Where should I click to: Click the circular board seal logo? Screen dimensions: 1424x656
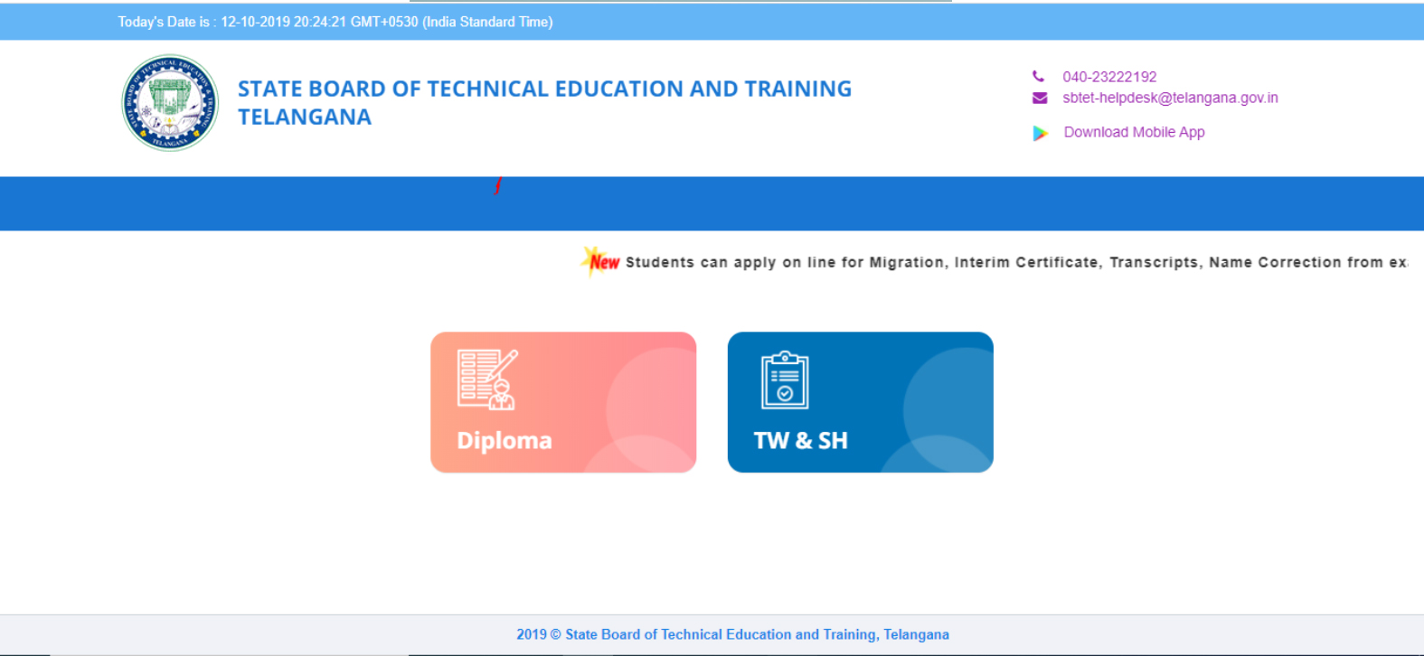pos(170,103)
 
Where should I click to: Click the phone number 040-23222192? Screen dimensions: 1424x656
pos(1109,77)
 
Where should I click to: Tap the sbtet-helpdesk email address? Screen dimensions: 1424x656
pos(1170,98)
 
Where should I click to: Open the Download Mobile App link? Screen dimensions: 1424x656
pos(1134,132)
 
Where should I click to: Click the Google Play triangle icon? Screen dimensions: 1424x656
pos(1040,133)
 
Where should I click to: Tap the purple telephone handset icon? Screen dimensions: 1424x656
pos(1038,77)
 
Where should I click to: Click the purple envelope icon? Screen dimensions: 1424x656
pos(1040,98)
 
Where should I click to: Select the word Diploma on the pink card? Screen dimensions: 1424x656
pos(505,440)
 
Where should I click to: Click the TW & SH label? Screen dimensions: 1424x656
pos(801,440)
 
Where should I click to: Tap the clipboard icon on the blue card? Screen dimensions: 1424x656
pos(785,380)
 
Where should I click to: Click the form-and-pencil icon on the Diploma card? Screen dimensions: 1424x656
pos(487,380)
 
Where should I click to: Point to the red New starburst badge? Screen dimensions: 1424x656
pos(599,262)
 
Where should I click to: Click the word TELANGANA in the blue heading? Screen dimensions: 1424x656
pos(305,117)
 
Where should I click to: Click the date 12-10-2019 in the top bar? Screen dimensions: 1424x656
pos(256,22)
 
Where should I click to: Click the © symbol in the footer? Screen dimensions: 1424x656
pos(556,634)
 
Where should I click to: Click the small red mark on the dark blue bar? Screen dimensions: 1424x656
pos(498,185)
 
